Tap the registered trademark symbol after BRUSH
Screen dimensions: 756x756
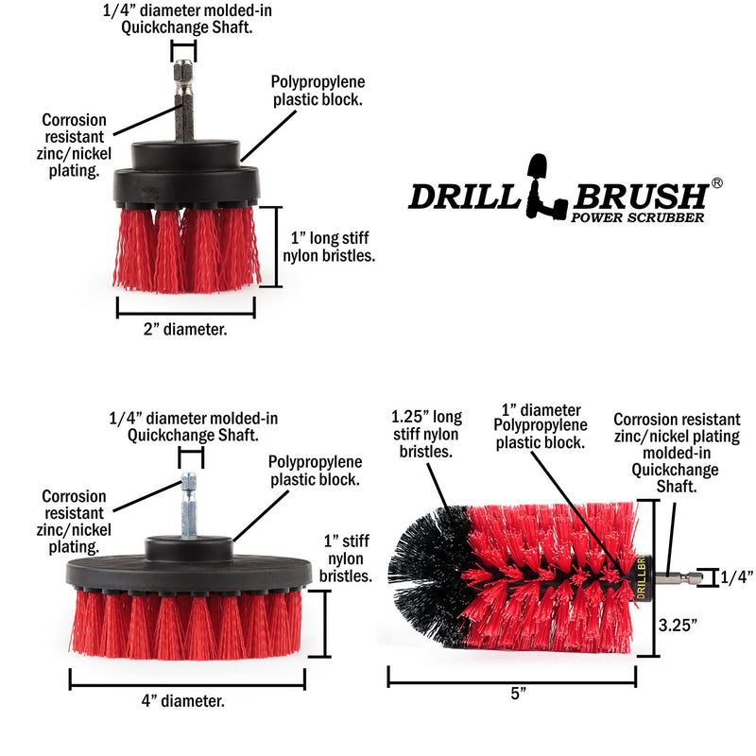[x=717, y=183]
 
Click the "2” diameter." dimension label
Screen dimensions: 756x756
[x=186, y=330]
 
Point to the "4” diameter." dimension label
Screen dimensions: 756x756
[x=186, y=700]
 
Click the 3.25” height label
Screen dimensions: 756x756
[x=679, y=625]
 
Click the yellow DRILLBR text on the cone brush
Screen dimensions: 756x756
[x=640, y=578]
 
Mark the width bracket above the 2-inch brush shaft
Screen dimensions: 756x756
[x=183, y=49]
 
